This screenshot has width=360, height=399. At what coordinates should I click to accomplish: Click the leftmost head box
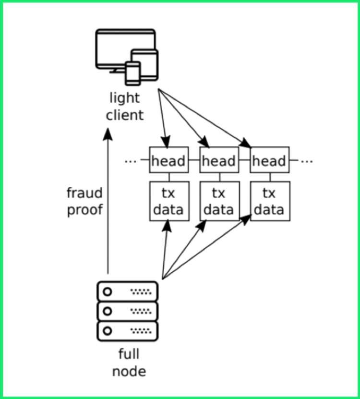pyautogui.click(x=168, y=160)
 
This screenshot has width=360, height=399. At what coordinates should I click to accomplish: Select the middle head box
pyautogui.click(x=219, y=160)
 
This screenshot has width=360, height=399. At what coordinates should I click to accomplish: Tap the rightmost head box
pyautogui.click(x=269, y=160)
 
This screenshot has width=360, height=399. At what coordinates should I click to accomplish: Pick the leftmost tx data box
pyautogui.click(x=168, y=201)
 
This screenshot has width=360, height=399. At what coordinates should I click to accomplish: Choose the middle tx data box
pyautogui.click(x=219, y=201)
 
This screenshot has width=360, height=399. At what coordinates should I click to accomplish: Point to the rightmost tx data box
pyautogui.click(x=269, y=201)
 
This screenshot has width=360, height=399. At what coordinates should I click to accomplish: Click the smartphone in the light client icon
pyautogui.click(x=132, y=74)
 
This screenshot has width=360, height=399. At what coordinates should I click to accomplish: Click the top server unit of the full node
pyautogui.click(x=127, y=291)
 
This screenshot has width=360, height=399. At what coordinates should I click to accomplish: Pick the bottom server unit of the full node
pyautogui.click(x=127, y=331)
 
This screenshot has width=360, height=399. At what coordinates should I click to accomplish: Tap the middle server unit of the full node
pyautogui.click(x=127, y=311)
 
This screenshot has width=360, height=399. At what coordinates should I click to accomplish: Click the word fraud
pyautogui.click(x=84, y=193)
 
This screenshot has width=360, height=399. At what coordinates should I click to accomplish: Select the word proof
pyautogui.click(x=85, y=210)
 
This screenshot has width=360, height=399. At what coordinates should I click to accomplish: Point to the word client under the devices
pyautogui.click(x=124, y=115)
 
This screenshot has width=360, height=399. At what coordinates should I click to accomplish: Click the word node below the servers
pyautogui.click(x=129, y=371)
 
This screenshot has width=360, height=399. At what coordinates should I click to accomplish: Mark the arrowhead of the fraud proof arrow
pyautogui.click(x=108, y=134)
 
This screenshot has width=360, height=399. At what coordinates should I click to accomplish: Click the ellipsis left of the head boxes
pyautogui.click(x=131, y=161)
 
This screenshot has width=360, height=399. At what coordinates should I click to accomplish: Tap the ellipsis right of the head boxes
pyautogui.click(x=307, y=161)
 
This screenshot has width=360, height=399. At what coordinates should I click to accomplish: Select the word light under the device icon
pyautogui.click(x=125, y=98)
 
